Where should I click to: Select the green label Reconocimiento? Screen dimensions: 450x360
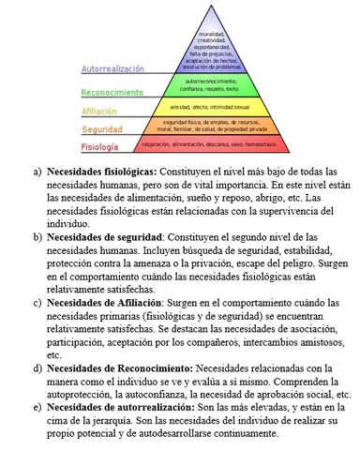pyautogui.click(x=112, y=92)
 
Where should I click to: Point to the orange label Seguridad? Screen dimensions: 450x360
pyautogui.click(x=101, y=128)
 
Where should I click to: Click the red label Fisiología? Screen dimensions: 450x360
pyautogui.click(x=99, y=147)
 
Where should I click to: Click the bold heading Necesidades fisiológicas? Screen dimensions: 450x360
pyautogui.click(x=104, y=172)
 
